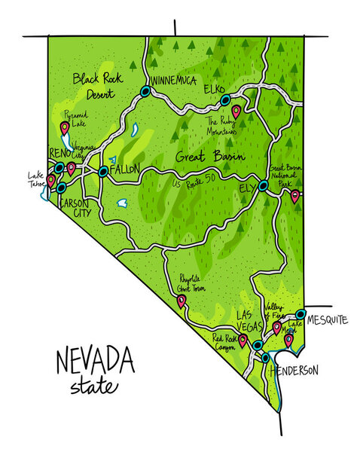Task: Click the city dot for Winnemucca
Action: (145, 92)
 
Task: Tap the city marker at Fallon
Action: (103, 172)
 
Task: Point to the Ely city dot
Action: (263, 185)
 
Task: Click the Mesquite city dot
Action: (301, 314)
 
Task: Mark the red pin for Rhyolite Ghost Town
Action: (181, 301)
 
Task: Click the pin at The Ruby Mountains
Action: (236, 111)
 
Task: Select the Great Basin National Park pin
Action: (294, 195)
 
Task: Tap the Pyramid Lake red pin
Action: (65, 127)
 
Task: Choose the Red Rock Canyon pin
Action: (243, 340)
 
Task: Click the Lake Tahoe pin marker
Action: (51, 180)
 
